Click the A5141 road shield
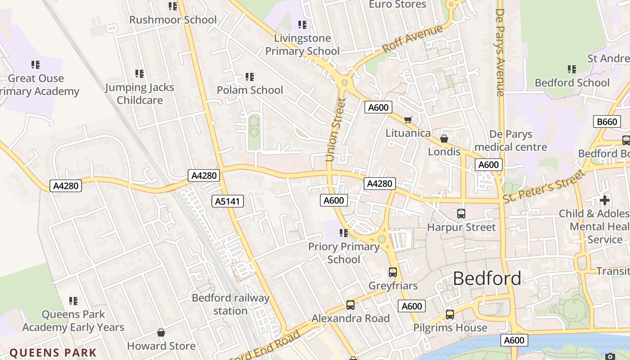coord(228,201)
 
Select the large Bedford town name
coord(487,279)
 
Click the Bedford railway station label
coord(230,304)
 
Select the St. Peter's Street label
coord(544,186)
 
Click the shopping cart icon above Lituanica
coord(408,120)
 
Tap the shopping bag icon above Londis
coord(444,139)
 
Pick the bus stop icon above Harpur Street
coord(461,214)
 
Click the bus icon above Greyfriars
coord(393,272)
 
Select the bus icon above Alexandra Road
coord(351,305)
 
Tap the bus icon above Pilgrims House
coord(450,315)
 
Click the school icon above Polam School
coord(250,77)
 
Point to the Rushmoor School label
coord(173,20)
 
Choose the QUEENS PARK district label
coord(53,353)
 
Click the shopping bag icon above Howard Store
coord(161,333)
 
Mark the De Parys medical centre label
coord(511,140)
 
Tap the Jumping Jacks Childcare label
coord(139,94)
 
